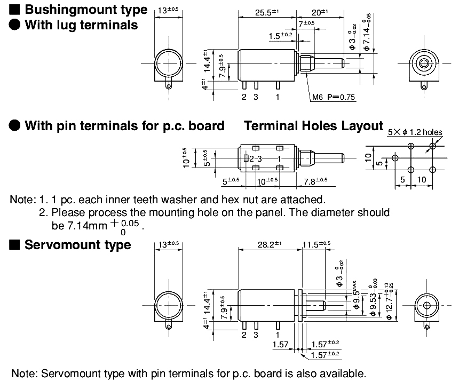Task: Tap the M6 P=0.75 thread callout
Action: (334, 97)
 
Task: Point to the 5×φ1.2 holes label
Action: (415, 131)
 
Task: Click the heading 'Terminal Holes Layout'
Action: (314, 126)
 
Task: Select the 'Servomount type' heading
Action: (77, 245)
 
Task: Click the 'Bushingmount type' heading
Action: (86, 10)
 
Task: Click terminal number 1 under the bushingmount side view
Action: (277, 97)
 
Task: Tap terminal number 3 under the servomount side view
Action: (256, 335)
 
